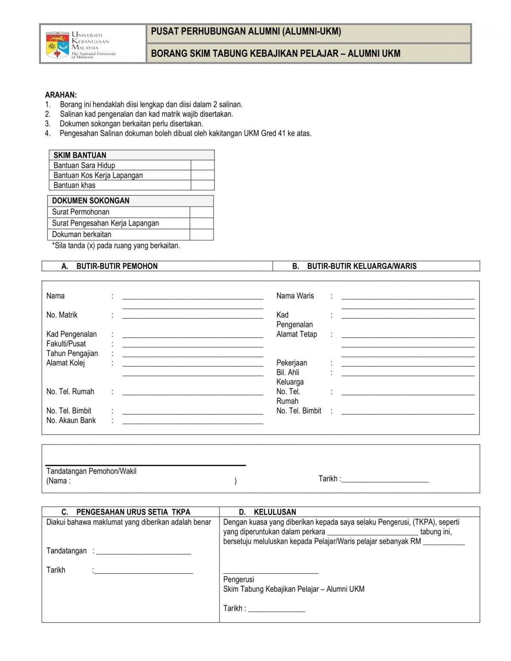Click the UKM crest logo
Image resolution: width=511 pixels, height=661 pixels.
(x=58, y=45)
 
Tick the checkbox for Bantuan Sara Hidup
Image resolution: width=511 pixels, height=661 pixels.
(x=202, y=165)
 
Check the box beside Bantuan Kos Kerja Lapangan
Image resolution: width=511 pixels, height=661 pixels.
(x=202, y=175)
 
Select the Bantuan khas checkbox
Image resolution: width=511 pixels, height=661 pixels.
(x=202, y=185)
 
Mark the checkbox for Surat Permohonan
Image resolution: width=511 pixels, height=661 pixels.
(x=201, y=212)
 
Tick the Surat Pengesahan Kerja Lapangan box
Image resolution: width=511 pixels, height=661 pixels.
(x=201, y=223)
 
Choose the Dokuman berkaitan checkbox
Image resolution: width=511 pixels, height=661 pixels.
(x=201, y=235)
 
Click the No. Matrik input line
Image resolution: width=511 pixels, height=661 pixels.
(x=192, y=315)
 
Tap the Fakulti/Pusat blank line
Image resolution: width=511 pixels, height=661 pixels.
(x=192, y=344)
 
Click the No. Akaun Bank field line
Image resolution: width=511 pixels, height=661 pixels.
(x=192, y=421)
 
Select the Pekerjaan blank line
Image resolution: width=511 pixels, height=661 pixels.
(x=408, y=364)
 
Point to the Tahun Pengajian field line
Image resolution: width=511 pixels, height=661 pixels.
(x=192, y=354)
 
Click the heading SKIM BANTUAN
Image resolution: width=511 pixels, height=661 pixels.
(x=80, y=155)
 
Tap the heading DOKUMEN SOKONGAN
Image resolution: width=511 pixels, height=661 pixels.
(x=90, y=201)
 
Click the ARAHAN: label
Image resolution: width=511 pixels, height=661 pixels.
(x=61, y=95)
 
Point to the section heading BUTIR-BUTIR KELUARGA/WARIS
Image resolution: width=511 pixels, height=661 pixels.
(x=362, y=266)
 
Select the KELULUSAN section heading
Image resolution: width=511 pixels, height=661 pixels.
(x=275, y=512)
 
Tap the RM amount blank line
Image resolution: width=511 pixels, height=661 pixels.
(x=443, y=542)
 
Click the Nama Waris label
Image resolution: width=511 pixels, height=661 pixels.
(x=295, y=296)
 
